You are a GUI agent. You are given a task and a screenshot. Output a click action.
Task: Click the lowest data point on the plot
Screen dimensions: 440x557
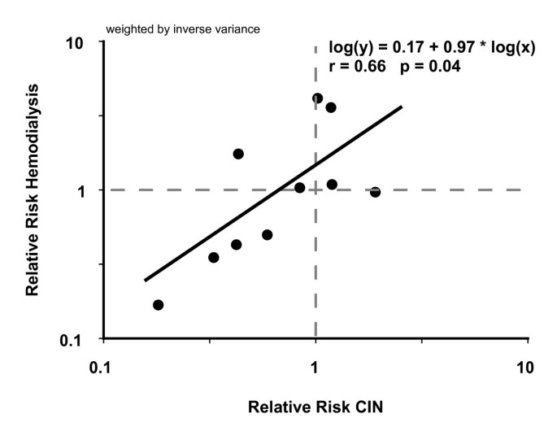(158, 305)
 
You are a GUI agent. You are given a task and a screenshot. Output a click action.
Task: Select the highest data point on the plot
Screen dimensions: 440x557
(317, 98)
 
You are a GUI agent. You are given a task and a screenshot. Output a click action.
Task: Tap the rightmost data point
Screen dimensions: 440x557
(375, 192)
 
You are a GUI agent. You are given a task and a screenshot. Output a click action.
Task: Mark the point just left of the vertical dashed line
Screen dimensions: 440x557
(299, 188)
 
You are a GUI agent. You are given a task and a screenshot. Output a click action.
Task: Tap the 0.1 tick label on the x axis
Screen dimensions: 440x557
(100, 368)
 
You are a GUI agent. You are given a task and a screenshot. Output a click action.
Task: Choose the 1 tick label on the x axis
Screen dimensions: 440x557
(315, 368)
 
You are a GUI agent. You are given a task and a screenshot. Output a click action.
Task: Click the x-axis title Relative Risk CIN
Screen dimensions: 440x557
(315, 406)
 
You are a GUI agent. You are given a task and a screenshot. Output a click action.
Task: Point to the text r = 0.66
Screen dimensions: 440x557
(355, 68)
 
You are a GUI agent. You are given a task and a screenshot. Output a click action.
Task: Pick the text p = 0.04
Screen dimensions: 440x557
(430, 68)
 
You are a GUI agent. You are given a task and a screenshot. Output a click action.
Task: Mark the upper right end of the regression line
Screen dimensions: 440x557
(402, 106)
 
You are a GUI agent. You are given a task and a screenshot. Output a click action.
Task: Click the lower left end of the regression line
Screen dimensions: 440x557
(145, 280)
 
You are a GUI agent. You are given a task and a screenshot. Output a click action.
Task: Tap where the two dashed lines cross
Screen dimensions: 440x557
(315, 190)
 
